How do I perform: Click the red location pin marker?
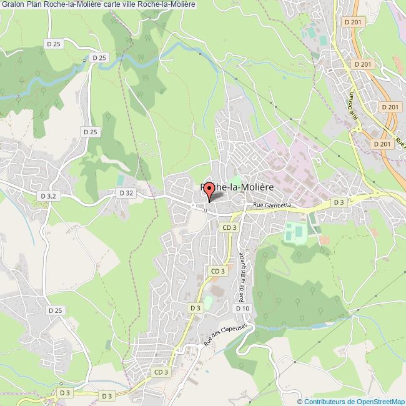click(209, 191)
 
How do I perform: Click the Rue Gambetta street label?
click(272, 205)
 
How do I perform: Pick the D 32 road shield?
click(126, 194)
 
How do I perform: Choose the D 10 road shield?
click(242, 308)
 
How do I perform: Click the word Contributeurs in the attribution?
click(325, 401)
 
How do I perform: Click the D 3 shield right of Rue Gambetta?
click(339, 202)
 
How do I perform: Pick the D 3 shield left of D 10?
click(195, 307)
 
